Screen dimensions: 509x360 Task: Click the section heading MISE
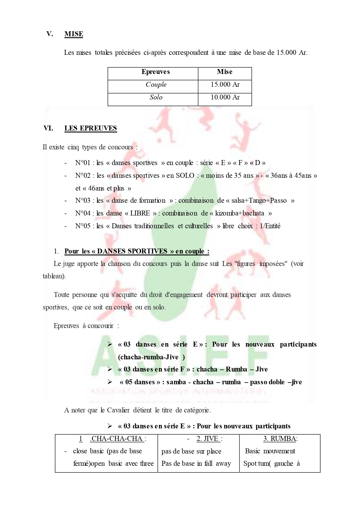pos(74,34)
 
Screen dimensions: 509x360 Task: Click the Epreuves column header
pos(155,72)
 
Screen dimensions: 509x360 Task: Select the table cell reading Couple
pos(156,85)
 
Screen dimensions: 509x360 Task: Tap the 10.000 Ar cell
pos(225,97)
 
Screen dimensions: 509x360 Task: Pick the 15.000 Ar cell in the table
pos(225,85)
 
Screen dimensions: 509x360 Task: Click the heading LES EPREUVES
pos(91,128)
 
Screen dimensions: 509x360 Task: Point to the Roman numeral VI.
pos(48,128)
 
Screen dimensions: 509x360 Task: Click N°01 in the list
pos(83,163)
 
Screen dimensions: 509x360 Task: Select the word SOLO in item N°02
pos(185,176)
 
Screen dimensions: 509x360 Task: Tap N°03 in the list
pos(83,201)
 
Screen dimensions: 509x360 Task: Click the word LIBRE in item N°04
pos(140,213)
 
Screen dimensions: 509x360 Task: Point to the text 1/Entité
pos(270,226)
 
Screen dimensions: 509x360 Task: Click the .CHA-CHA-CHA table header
pos(117,439)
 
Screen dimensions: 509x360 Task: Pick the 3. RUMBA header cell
pos(280,439)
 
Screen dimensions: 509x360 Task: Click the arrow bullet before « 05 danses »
pos(110,382)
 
